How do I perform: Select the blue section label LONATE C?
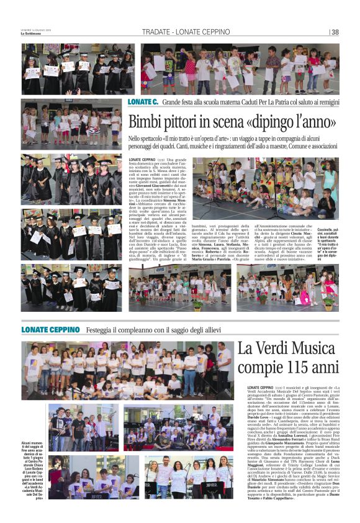coord(143,101)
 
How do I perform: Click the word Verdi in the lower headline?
coord(277,349)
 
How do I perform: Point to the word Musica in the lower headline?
coord(317,349)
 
